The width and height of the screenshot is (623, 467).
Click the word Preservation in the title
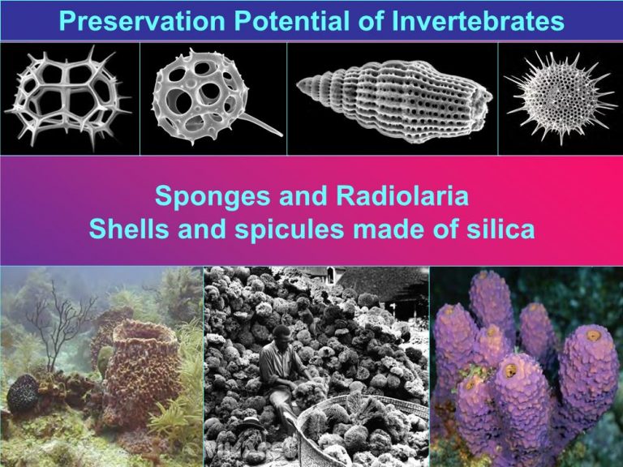tap(142, 20)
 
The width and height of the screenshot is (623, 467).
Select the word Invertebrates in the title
tap(478, 20)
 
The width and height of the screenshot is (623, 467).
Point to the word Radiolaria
tap(402, 195)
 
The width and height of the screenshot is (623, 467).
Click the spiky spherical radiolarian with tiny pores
tap(561, 97)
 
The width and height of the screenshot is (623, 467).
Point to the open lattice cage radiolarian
tap(67, 97)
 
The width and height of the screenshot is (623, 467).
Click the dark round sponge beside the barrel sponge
tap(23, 393)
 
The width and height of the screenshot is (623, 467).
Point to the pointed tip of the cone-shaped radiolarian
tap(298, 84)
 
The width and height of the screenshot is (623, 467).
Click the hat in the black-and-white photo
tap(251, 425)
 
